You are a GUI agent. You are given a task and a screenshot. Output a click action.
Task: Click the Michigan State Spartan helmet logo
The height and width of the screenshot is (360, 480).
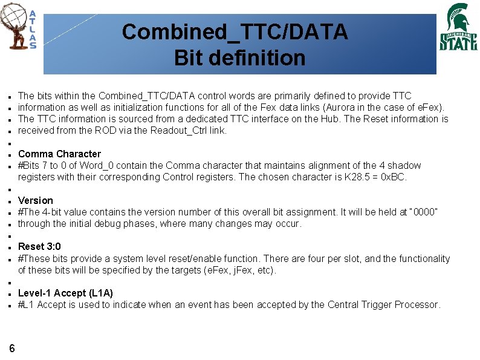coord(457,18)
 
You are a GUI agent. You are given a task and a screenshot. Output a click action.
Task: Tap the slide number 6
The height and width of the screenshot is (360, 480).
coord(12,347)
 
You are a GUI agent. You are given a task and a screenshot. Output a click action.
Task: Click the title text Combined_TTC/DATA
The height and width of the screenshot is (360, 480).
coord(235,31)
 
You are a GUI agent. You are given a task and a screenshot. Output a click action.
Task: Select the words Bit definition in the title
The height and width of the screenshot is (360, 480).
coord(239,58)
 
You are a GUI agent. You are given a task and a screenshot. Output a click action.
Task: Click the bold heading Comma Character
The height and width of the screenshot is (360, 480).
coord(59,154)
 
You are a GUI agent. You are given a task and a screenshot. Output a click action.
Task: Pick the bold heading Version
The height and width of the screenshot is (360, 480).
coord(36,200)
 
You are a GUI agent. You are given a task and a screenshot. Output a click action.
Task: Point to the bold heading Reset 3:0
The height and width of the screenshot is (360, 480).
coord(39,247)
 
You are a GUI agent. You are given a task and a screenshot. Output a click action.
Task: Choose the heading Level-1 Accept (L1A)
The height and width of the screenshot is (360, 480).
coord(65,293)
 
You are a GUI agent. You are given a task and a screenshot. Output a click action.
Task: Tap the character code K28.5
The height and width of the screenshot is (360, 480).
coord(350,177)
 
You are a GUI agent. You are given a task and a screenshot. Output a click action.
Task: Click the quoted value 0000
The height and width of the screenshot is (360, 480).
coord(423,212)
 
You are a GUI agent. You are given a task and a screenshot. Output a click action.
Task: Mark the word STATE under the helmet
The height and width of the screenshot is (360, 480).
coord(458,42)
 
